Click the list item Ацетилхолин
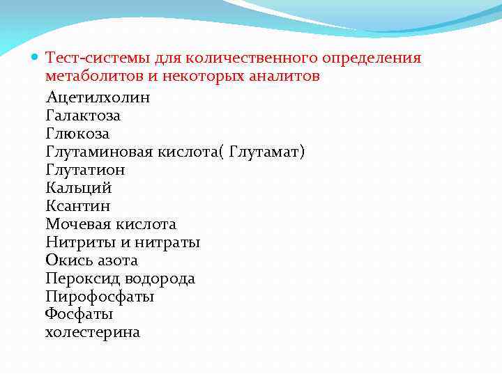98,97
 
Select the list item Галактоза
83,116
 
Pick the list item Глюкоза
77,134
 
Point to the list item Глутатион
85,170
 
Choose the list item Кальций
78,188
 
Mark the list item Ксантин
77,206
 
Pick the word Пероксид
83,279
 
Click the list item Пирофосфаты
100,297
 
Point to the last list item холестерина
93,333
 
